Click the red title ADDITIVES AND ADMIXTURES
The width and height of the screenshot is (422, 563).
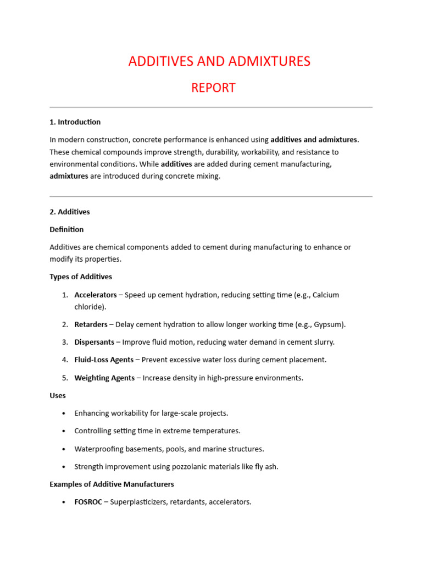click(219, 62)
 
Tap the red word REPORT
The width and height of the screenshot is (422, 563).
click(213, 88)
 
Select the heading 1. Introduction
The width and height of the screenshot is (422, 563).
click(75, 122)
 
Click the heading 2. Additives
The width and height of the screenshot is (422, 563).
click(69, 212)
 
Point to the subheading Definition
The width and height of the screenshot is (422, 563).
click(66, 229)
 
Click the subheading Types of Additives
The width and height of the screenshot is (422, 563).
click(81, 277)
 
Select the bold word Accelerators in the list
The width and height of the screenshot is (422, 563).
click(96, 295)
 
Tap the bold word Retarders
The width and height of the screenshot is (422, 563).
click(91, 324)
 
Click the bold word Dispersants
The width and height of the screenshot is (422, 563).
click(94, 342)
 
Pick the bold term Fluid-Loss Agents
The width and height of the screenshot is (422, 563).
click(104, 360)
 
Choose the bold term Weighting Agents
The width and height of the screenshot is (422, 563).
click(104, 378)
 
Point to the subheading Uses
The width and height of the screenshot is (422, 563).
click(58, 395)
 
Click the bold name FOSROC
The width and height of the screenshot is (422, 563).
click(88, 502)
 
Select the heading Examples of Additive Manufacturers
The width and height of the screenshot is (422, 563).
click(112, 484)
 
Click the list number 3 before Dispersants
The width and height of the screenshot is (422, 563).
click(64, 342)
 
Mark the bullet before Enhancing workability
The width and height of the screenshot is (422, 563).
click(64, 413)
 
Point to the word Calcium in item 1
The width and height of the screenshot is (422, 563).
click(325, 295)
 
